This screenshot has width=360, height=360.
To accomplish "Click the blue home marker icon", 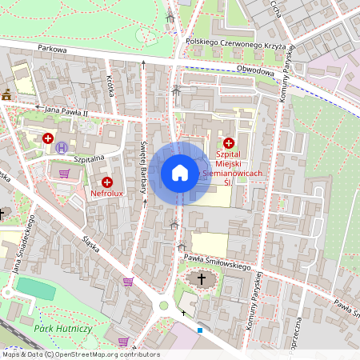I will pyautogui.click(x=179, y=172).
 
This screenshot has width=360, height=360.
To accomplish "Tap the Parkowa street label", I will pyautogui.click(x=53, y=50).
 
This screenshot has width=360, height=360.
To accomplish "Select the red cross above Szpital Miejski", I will pyautogui.click(x=229, y=142).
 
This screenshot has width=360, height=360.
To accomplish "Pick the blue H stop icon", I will pyautogui.click(x=62, y=146).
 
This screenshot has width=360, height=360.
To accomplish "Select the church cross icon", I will pyautogui.click(x=202, y=279).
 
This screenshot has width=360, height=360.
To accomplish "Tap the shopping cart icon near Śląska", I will pyautogui.click(x=127, y=282).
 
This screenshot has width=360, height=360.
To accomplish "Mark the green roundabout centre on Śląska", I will pyautogui.click(x=164, y=305).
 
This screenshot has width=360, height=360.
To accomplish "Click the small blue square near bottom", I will pyautogui.click(x=200, y=330).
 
